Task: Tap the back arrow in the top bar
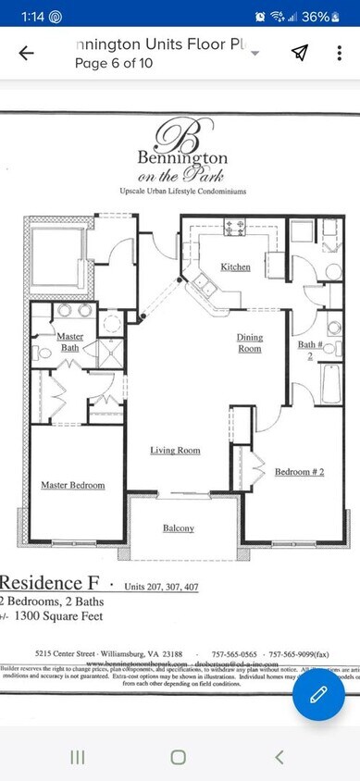tap(26, 53)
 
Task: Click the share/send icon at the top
tap(299, 53)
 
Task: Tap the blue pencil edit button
tap(318, 694)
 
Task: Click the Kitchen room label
tap(235, 267)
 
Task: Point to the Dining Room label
tap(250, 342)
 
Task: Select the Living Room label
tap(176, 451)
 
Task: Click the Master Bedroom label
tap(72, 485)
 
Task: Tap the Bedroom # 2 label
tap(299, 473)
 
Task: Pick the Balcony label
tap(179, 528)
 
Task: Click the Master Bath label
tap(69, 341)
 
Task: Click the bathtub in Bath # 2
tap(331, 384)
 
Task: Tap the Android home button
tap(179, 756)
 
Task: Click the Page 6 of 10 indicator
tap(113, 63)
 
